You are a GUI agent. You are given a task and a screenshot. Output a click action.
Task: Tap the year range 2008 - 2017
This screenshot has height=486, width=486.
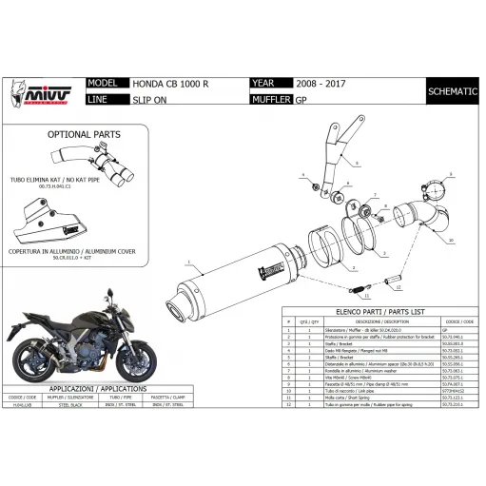pyautogui.click(x=321, y=83)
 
